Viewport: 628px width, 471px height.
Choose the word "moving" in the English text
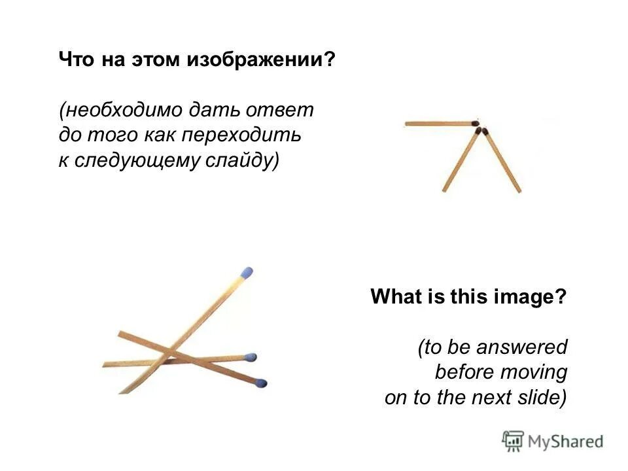536,372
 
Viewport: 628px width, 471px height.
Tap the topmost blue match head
246,271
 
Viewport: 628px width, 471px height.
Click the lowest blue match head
261,383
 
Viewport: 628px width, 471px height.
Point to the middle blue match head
251,358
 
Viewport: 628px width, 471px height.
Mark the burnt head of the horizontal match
476,122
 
